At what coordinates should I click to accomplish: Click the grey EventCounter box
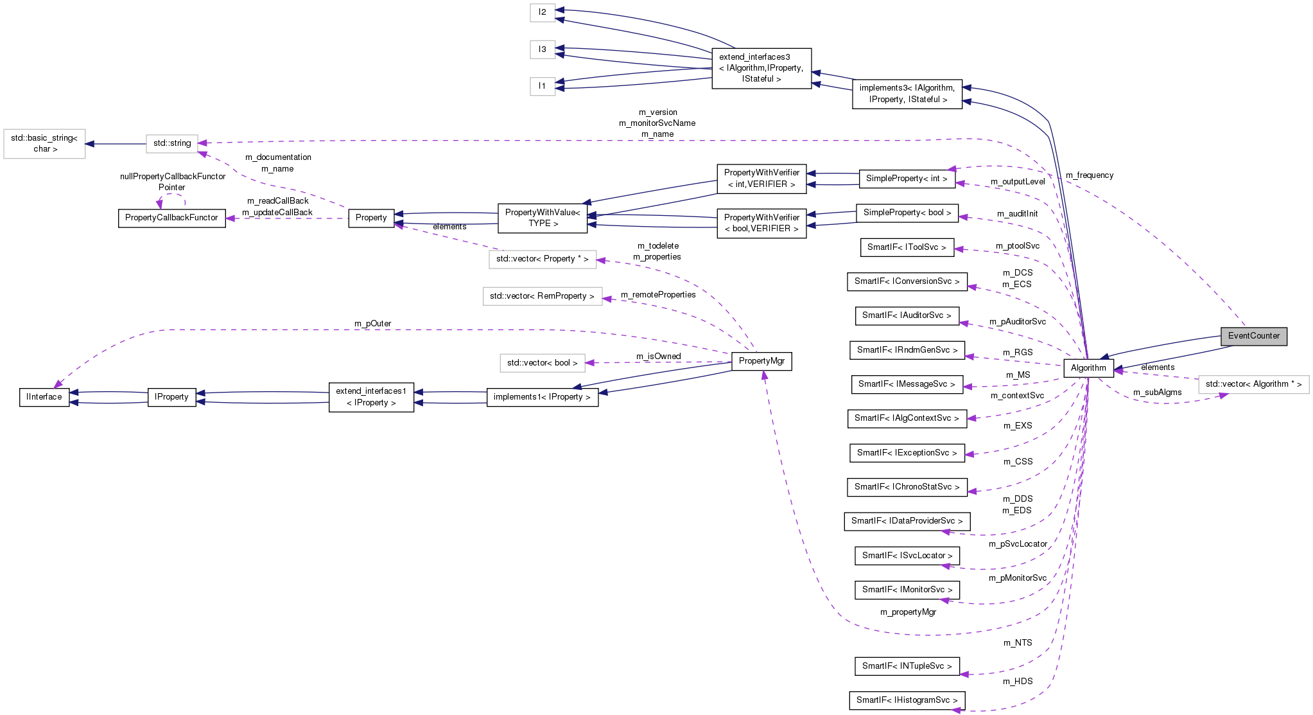point(1253,336)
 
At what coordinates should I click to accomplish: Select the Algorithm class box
point(1088,368)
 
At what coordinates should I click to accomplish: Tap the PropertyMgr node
point(761,361)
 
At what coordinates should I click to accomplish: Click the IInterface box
point(44,397)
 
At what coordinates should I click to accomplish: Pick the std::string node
point(172,143)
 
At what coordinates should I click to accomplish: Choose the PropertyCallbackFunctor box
point(171,218)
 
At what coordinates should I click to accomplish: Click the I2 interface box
point(543,12)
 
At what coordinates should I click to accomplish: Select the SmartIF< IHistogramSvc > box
point(907,700)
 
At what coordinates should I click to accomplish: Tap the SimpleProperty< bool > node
point(907,213)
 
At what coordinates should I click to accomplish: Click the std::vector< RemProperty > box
point(542,296)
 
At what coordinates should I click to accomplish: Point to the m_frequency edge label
point(1090,175)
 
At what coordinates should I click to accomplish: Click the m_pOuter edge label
point(372,324)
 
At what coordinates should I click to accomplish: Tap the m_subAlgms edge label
point(1157,393)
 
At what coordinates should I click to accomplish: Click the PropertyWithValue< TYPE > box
point(543,218)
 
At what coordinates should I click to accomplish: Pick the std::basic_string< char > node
point(44,143)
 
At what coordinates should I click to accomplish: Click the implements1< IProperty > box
point(542,397)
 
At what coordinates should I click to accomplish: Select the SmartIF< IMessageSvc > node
point(907,384)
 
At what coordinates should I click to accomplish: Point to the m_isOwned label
point(658,357)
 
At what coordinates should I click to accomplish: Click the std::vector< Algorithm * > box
point(1253,384)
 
